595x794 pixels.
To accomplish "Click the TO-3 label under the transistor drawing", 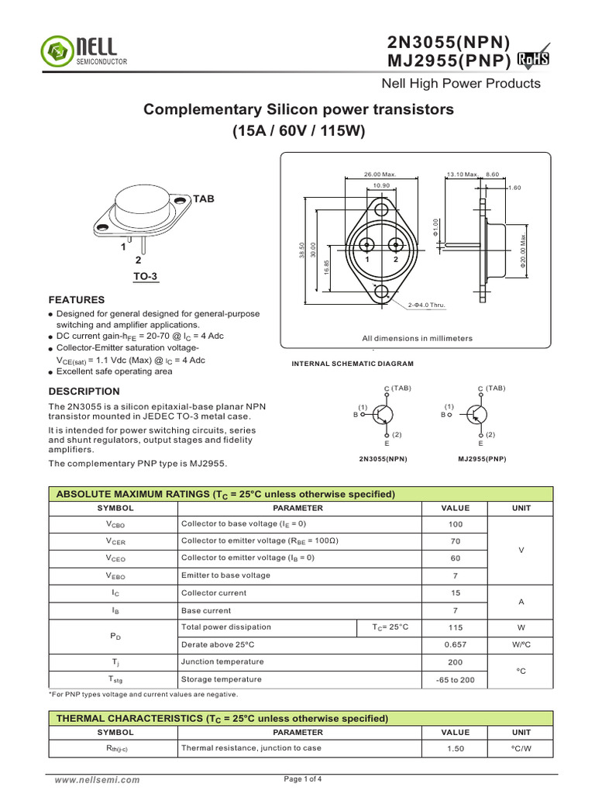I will point(135,275).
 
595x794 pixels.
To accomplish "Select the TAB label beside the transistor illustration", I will point(204,199).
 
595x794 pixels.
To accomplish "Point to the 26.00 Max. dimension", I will point(380,174).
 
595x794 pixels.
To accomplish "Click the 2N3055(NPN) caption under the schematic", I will point(383,459).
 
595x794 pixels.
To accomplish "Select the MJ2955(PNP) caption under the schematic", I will point(483,459).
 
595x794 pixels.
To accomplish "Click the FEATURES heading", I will point(77,299).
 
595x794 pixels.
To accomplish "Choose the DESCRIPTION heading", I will point(84,392).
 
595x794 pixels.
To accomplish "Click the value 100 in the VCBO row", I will point(456,525).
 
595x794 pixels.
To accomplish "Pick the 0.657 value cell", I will point(456,644).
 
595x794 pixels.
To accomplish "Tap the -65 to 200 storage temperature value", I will point(456,679).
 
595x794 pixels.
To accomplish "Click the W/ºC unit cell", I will point(521,644).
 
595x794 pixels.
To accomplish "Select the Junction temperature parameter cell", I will point(222,661).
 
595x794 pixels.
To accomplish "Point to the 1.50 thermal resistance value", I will point(456,748).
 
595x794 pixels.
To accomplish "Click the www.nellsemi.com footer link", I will point(97,780).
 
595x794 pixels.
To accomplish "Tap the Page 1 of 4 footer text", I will point(304,779).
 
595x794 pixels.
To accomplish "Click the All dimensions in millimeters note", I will point(417,339).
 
